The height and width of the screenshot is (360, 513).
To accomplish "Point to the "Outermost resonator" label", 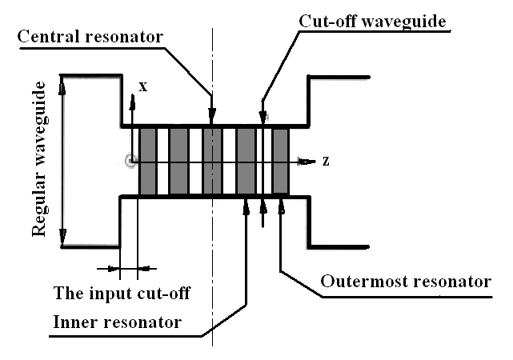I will pyautogui.click(x=405, y=282).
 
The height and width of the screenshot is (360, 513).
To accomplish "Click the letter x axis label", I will pyautogui.click(x=143, y=86).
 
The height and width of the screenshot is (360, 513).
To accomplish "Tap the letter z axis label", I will pyautogui.click(x=326, y=161).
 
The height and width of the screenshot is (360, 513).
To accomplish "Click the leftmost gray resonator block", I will pyautogui.click(x=148, y=161).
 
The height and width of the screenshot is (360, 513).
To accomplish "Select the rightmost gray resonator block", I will pyautogui.click(x=280, y=161).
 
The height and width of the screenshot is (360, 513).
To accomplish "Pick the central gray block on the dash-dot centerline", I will pyautogui.click(x=212, y=161).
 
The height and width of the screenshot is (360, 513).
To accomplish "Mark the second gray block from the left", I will pyautogui.click(x=178, y=161).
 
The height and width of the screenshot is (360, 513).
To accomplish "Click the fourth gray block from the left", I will pyautogui.click(x=246, y=161).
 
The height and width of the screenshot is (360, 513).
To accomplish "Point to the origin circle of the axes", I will pyautogui.click(x=131, y=162).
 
